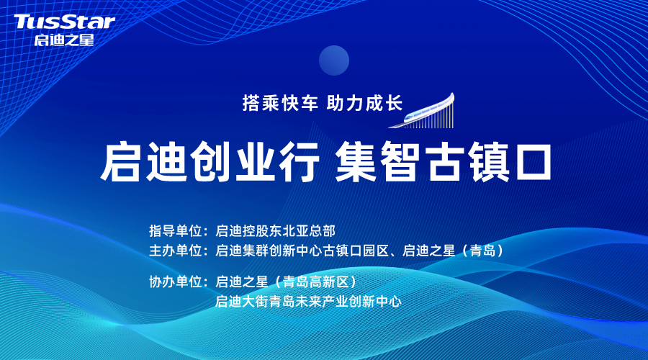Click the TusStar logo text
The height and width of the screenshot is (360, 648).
(x=64, y=22)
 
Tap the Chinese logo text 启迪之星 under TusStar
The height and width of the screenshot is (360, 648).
(x=64, y=40)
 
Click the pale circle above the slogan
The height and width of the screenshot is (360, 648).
(x=334, y=60)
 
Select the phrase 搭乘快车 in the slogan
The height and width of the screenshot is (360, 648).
(x=280, y=103)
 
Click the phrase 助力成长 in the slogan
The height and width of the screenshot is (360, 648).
(x=364, y=103)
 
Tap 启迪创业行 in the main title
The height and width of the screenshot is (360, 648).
(x=210, y=161)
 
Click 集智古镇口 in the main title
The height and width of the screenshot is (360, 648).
(x=444, y=161)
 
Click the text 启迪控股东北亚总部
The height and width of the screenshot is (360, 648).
(x=275, y=230)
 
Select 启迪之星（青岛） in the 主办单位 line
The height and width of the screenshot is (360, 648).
(x=454, y=251)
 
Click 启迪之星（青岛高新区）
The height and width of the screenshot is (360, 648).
(x=287, y=282)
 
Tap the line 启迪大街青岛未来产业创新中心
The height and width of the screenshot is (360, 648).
(x=308, y=301)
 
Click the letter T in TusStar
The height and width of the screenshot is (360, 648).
(x=22, y=22)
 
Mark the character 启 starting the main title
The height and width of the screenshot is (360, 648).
(x=121, y=161)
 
